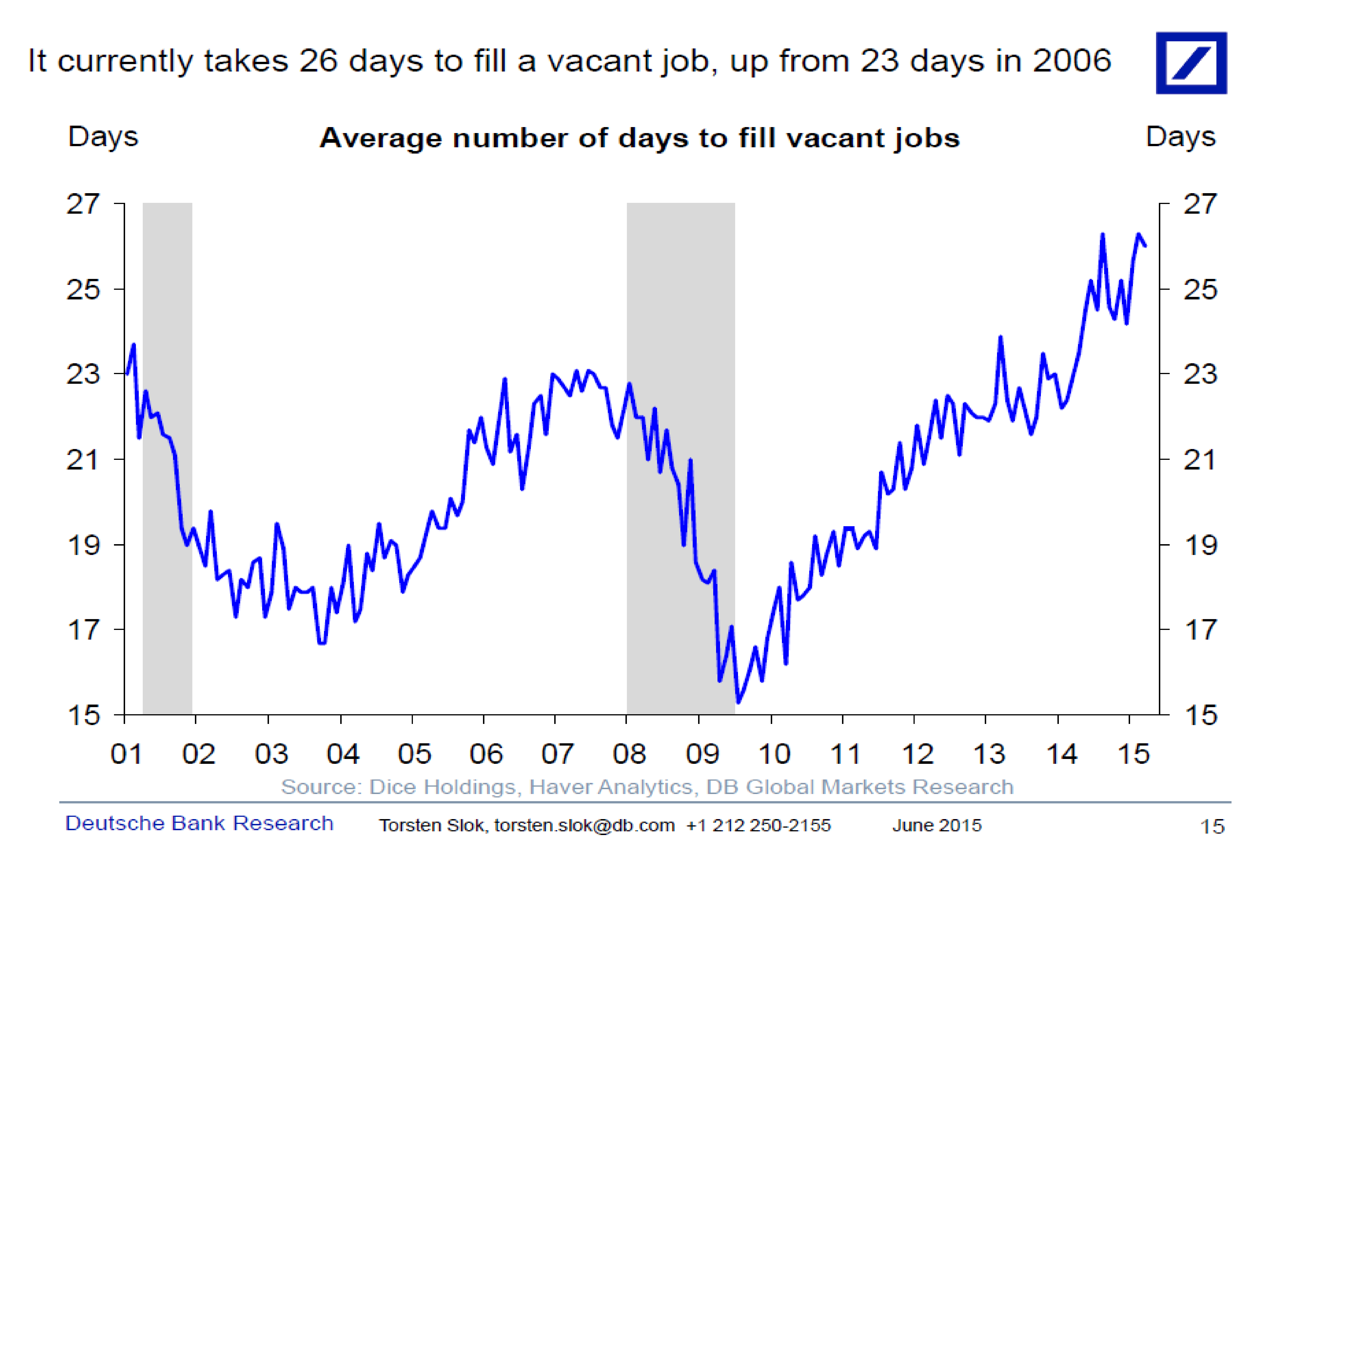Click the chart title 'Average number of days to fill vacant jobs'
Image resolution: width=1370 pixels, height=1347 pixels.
[639, 138]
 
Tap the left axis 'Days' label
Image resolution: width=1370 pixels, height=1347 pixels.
[103, 136]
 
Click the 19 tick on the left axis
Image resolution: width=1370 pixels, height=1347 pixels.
[83, 545]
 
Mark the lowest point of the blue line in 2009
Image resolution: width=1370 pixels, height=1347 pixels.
[738, 702]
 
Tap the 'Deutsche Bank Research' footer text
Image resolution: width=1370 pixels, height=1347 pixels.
[199, 823]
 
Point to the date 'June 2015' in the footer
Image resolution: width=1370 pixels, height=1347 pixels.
[936, 826]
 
